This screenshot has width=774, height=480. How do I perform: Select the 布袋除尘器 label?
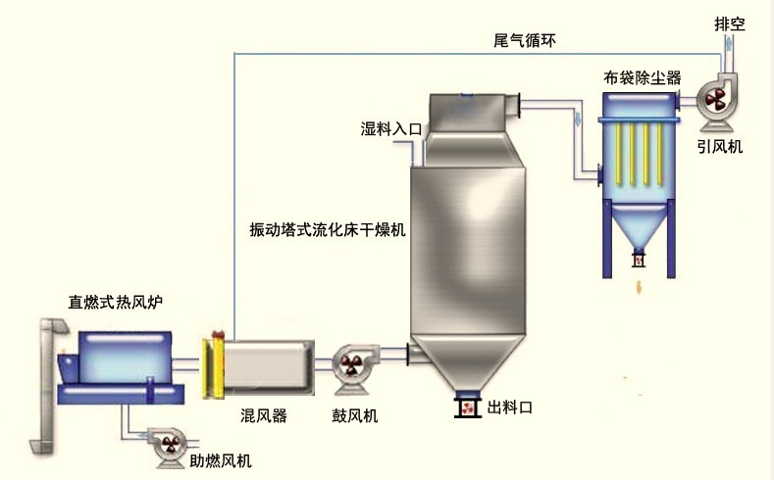click(x=642, y=75)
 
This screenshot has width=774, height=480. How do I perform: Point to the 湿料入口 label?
click(x=390, y=128)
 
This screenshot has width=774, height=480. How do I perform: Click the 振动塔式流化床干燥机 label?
click(x=329, y=230)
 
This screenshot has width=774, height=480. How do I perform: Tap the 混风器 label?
click(x=264, y=415)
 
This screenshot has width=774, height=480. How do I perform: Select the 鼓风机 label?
click(x=354, y=415)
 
